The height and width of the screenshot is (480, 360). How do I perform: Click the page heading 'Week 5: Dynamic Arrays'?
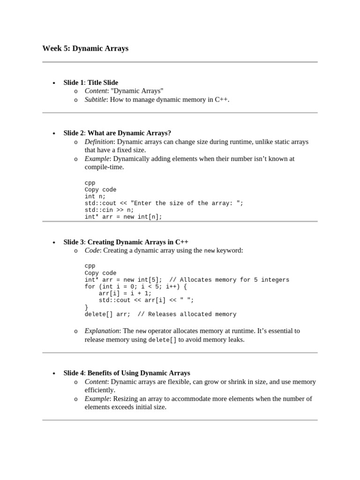click(85, 48)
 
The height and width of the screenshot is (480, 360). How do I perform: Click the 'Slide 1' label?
click(74, 82)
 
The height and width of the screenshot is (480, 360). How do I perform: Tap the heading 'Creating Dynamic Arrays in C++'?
click(138, 242)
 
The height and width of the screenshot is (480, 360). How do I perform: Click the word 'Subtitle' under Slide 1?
click(95, 99)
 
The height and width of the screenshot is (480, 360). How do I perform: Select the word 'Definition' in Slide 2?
click(99, 142)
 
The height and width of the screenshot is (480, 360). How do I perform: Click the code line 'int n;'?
click(95, 196)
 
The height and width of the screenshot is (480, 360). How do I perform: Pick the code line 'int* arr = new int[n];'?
click(123, 217)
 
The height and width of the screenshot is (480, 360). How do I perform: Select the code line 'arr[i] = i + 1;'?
click(125, 293)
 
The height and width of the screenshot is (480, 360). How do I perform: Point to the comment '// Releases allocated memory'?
click(187, 315)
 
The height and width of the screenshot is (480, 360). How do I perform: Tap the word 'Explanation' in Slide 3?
click(102, 331)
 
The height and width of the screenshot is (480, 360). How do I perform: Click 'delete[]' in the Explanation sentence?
click(162, 340)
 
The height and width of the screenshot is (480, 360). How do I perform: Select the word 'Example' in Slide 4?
click(97, 399)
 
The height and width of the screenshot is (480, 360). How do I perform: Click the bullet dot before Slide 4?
click(54, 374)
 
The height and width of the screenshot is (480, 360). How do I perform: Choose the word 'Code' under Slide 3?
click(92, 250)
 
